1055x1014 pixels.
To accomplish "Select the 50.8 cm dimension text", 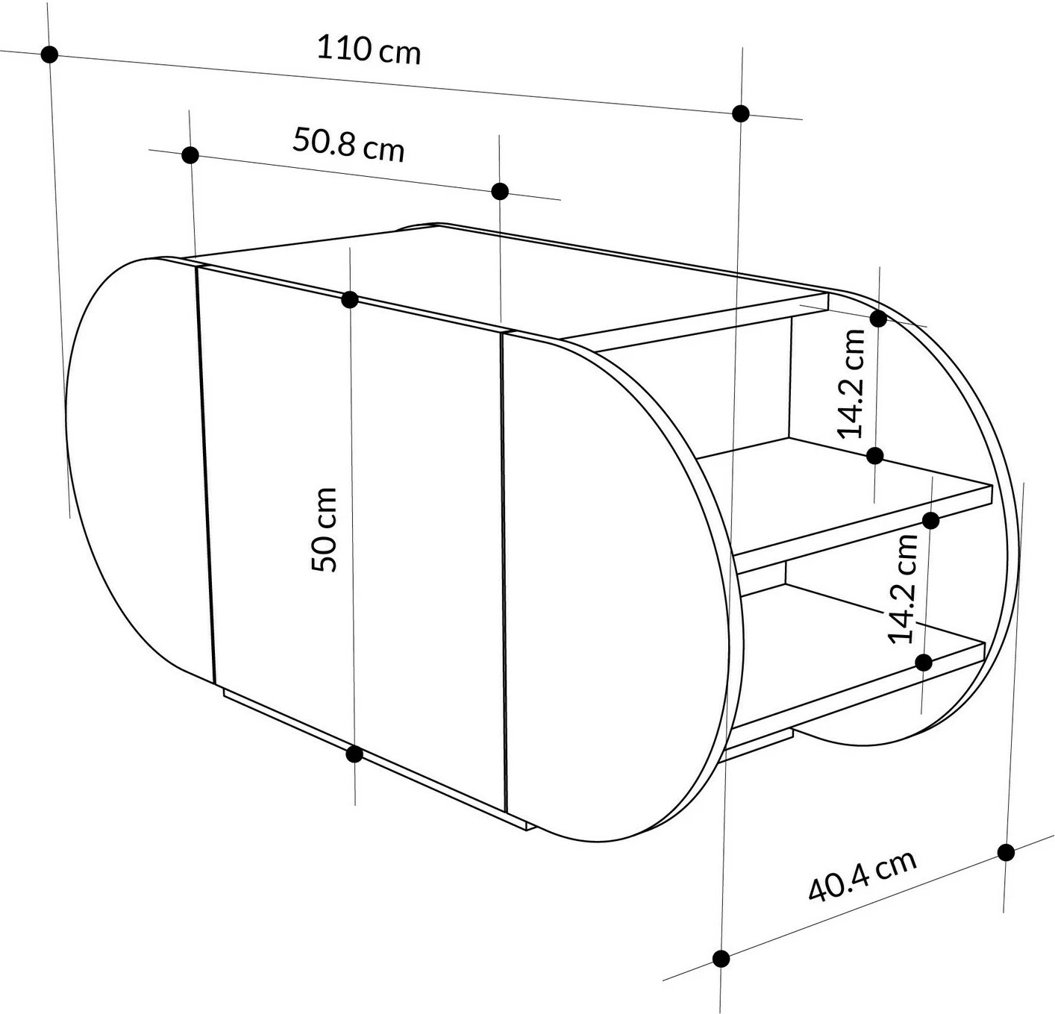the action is click(348, 144).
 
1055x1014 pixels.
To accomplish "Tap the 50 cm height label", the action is click(325, 529).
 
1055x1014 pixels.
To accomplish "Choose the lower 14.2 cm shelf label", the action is click(903, 589).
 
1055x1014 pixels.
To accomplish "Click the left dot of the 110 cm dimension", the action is click(50, 54).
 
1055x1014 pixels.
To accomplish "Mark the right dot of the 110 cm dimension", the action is click(741, 113).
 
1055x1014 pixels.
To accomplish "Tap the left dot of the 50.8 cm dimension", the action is click(190, 155).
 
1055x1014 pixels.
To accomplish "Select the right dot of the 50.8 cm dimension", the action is click(500, 191).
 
